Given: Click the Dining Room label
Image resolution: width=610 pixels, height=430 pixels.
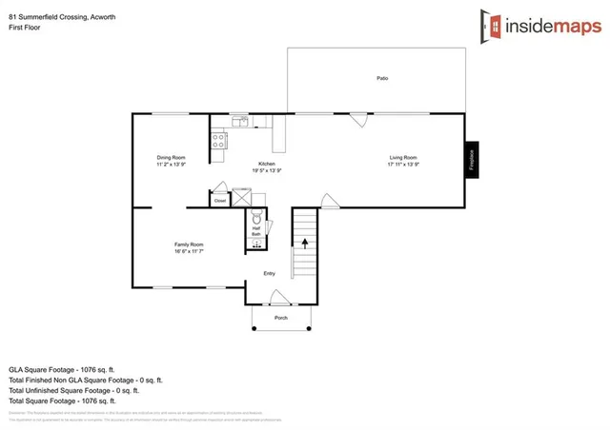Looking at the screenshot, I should pyautogui.click(x=172, y=157).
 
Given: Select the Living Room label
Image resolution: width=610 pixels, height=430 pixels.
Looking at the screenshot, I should pyautogui.click(x=403, y=157).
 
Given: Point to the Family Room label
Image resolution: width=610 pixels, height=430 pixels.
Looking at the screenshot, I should pyautogui.click(x=189, y=244).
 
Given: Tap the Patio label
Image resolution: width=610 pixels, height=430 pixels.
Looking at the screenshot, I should pyautogui.click(x=381, y=78).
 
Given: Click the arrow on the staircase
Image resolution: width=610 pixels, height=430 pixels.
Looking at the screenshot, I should pyautogui.click(x=305, y=244).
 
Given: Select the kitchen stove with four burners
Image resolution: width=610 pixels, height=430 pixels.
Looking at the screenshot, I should pyautogui.click(x=218, y=141).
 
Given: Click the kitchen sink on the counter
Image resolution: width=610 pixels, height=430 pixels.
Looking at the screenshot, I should pyautogui.click(x=240, y=122).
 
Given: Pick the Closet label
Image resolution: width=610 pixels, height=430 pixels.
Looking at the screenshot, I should pyautogui.click(x=220, y=201).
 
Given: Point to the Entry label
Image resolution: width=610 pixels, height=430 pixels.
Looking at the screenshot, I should pyautogui.click(x=270, y=273).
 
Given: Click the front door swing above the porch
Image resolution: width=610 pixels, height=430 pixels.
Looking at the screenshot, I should pyautogui.click(x=276, y=298).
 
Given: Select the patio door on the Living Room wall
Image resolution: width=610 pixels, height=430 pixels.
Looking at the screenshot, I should pyautogui.click(x=358, y=120).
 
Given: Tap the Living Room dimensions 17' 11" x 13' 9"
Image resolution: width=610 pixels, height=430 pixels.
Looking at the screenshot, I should pyautogui.click(x=403, y=165).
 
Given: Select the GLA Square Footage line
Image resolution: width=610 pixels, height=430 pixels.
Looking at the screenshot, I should pyautogui.click(x=62, y=368).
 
